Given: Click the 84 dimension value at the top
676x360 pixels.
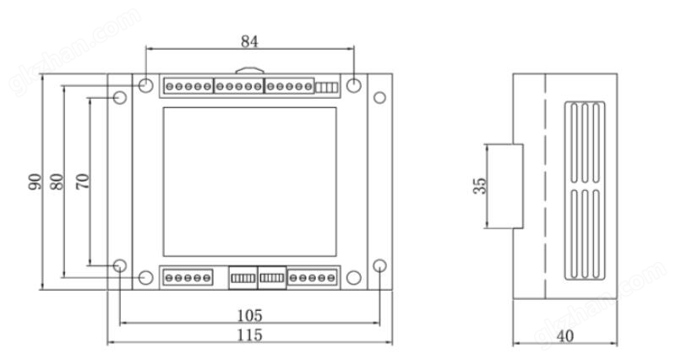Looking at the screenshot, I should click(250, 41).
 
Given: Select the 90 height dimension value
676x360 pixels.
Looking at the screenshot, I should click(35, 181).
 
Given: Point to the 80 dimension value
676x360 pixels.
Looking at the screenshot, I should click(57, 181).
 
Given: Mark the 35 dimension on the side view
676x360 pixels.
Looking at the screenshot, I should click(479, 186).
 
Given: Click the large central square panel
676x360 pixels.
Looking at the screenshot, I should click(249, 181).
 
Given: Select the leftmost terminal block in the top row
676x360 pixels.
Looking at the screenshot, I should click(188, 86).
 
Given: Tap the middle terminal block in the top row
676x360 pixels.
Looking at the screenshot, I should click(238, 86).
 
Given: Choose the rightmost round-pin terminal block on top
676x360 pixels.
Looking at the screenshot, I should click(289, 86).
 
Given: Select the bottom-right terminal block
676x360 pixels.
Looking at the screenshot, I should click(312, 276).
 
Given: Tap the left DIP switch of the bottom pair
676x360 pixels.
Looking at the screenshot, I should click(243, 276).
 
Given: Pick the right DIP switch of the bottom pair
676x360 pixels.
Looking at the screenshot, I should click(272, 276).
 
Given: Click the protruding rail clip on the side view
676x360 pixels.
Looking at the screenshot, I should click(505, 187).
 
